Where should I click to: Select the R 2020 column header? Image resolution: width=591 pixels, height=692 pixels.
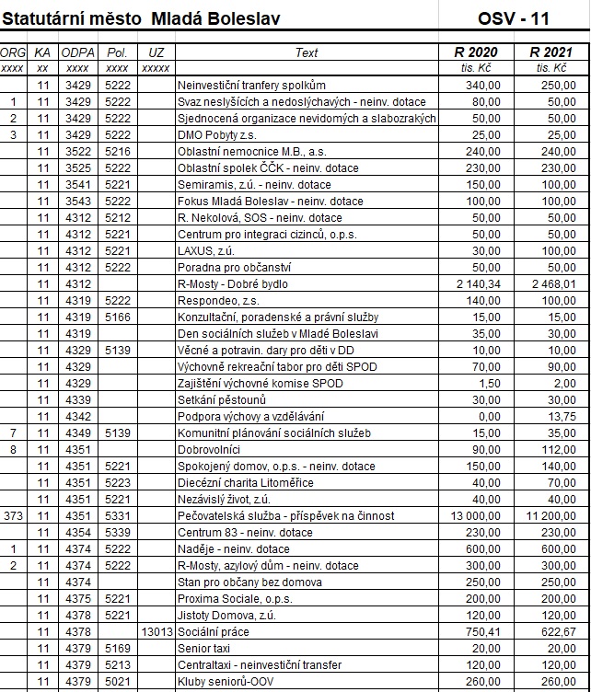pos(476,52)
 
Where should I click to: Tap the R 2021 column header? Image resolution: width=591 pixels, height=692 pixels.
pos(550,52)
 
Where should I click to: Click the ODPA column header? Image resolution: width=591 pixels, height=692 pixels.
pos(77,52)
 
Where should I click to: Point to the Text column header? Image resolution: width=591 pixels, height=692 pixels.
pos(307,52)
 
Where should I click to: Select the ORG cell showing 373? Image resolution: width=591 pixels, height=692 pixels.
pos(13,516)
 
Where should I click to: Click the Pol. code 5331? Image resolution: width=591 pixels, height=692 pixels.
pos(118,516)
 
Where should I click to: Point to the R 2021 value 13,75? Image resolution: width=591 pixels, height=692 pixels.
pos(562,417)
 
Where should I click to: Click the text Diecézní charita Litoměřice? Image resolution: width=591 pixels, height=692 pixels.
pos(245,483)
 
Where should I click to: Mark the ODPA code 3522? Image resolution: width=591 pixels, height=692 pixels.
pos(77,152)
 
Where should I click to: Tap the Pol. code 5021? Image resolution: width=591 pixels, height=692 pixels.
pos(118,682)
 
